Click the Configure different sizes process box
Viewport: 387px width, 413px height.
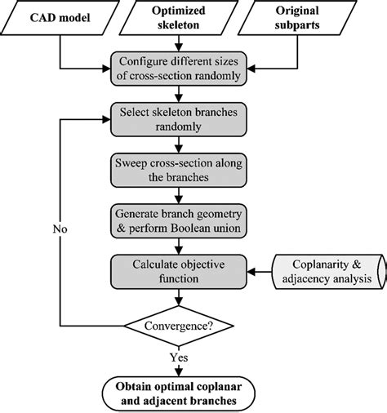[x=185, y=70]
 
